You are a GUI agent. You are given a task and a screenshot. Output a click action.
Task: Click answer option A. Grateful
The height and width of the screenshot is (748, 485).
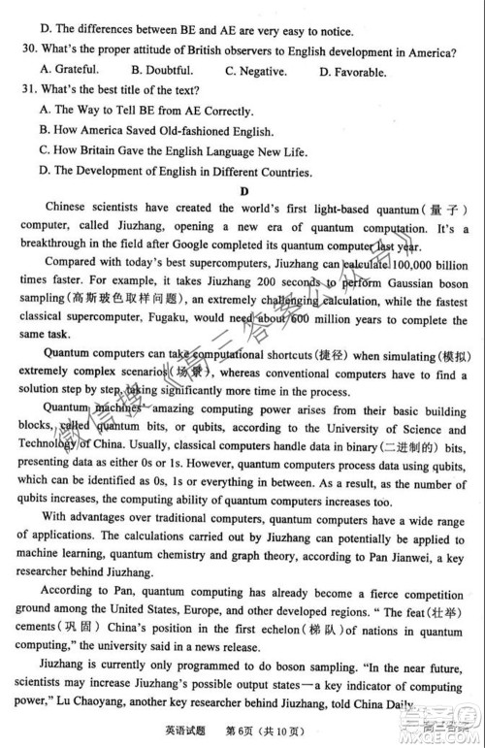(x=70, y=70)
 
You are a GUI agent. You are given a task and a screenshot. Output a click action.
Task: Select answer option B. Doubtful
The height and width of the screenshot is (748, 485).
(x=162, y=70)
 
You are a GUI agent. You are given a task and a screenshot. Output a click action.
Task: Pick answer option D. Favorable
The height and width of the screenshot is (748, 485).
(x=352, y=71)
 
